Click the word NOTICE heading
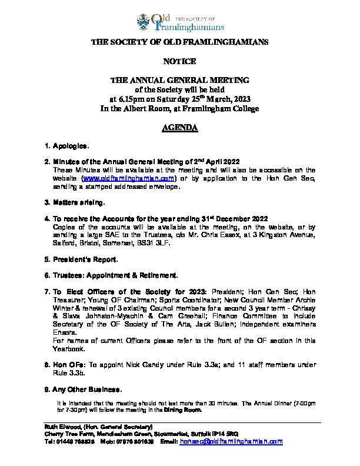click(x=179, y=61)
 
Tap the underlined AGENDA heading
click(x=179, y=128)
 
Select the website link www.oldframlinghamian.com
click(x=129, y=178)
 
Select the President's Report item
click(x=85, y=259)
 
